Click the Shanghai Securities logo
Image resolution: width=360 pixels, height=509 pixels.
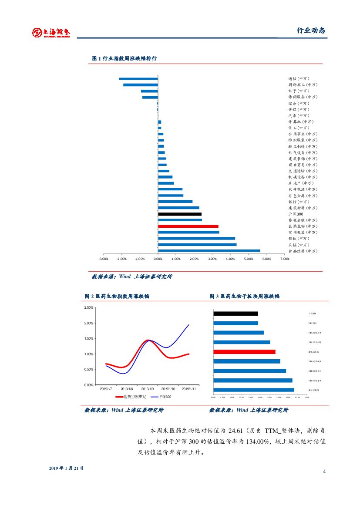51,33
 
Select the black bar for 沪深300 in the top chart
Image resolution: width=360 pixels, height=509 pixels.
179,214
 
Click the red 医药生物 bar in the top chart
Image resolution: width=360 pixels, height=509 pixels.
188,226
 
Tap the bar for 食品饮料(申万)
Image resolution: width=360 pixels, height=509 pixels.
209,251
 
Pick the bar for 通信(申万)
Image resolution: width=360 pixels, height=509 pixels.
138,79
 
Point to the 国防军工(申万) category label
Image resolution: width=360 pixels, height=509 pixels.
303,85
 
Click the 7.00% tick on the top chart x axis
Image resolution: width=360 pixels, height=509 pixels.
285,259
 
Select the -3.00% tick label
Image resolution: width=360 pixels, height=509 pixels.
103,259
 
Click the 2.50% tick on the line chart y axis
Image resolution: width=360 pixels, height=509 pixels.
88,308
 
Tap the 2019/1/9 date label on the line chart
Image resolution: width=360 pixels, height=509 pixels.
148,388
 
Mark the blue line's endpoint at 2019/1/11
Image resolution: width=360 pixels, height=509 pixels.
189,324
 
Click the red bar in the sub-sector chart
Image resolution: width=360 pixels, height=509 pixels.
244,352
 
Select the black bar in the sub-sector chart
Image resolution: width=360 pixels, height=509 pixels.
236,313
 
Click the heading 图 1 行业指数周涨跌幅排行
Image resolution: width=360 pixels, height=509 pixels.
124,58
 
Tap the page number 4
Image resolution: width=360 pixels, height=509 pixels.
324,472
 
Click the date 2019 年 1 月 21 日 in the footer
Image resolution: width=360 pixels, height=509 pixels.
66,468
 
